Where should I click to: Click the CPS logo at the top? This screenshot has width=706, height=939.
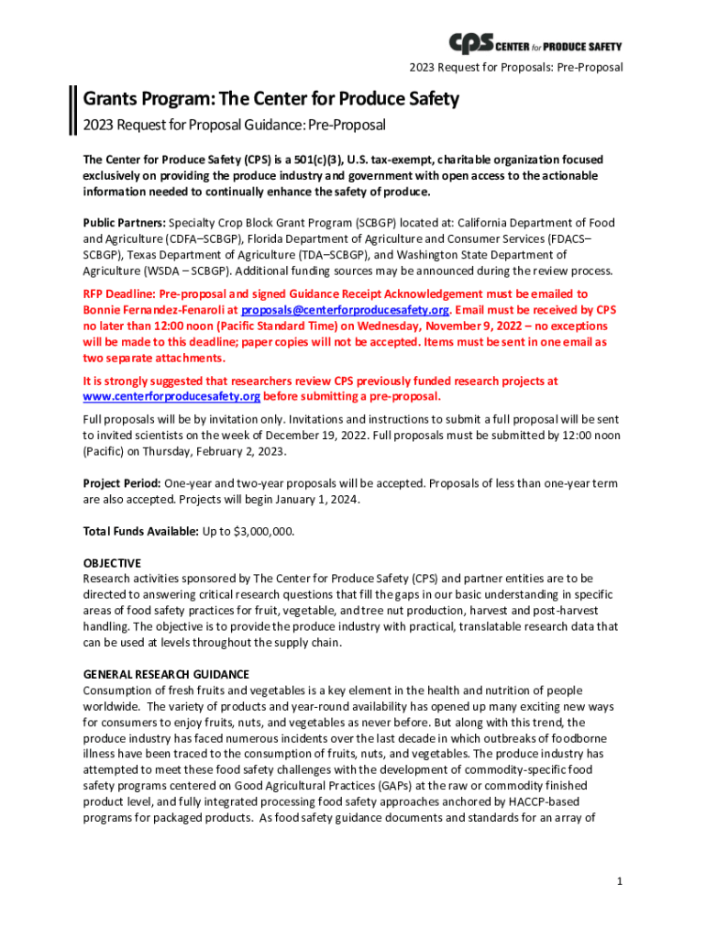pyautogui.click(x=535, y=43)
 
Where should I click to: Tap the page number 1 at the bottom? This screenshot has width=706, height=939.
pyautogui.click(x=621, y=881)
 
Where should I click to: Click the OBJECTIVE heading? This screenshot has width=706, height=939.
pyautogui.click(x=112, y=563)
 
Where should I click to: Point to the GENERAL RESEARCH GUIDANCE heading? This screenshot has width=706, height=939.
pyautogui.click(x=166, y=674)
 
